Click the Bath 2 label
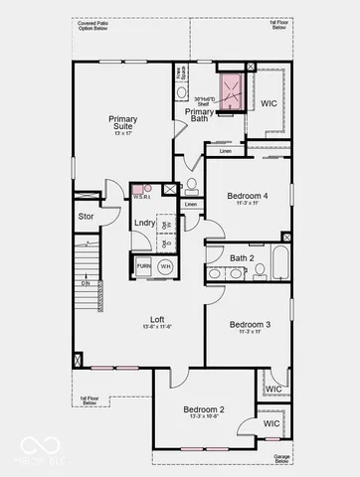242,257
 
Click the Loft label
156,317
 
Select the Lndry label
144,223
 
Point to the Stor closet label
86,216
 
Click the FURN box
143,267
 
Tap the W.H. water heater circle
165,266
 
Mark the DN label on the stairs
86,284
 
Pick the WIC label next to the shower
269,102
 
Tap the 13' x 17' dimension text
123,133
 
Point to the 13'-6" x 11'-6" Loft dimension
157,326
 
